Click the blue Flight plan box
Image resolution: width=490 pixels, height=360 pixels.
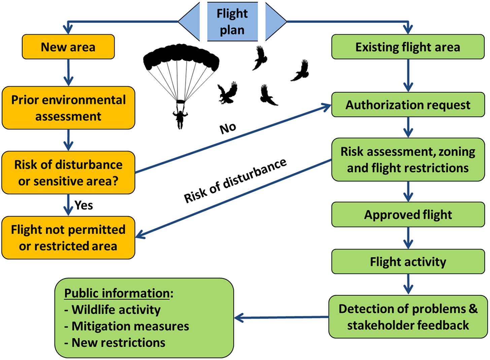pyautogui.click(x=232, y=22)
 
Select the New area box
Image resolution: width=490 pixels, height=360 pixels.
pyautogui.click(x=68, y=47)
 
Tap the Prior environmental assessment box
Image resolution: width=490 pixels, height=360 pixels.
pyautogui.click(x=68, y=108)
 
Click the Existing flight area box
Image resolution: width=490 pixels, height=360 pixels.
pyautogui.click(x=408, y=47)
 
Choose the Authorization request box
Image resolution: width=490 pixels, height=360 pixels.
pyautogui.click(x=408, y=105)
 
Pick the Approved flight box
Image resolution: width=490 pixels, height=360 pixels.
pyautogui.click(x=408, y=215)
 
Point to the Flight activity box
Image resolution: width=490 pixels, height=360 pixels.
pyautogui.click(x=408, y=262)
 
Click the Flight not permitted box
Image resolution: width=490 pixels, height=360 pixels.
pyautogui.click(x=68, y=238)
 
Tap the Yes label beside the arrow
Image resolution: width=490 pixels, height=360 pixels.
pyautogui.click(x=84, y=205)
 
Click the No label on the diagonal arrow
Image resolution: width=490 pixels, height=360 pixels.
pyautogui.click(x=228, y=128)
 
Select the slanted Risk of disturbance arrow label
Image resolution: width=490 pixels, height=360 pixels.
pyautogui.click(x=235, y=181)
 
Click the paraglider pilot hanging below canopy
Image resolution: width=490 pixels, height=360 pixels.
pyautogui.click(x=180, y=118)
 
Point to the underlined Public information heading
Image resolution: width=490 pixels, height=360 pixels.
pyautogui.click(x=117, y=293)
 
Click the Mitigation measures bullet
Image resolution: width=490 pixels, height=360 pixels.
pyautogui.click(x=130, y=326)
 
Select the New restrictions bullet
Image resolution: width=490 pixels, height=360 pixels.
pyautogui.click(x=118, y=342)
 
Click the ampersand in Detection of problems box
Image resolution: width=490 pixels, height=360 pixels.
pyautogui.click(x=473, y=308)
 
